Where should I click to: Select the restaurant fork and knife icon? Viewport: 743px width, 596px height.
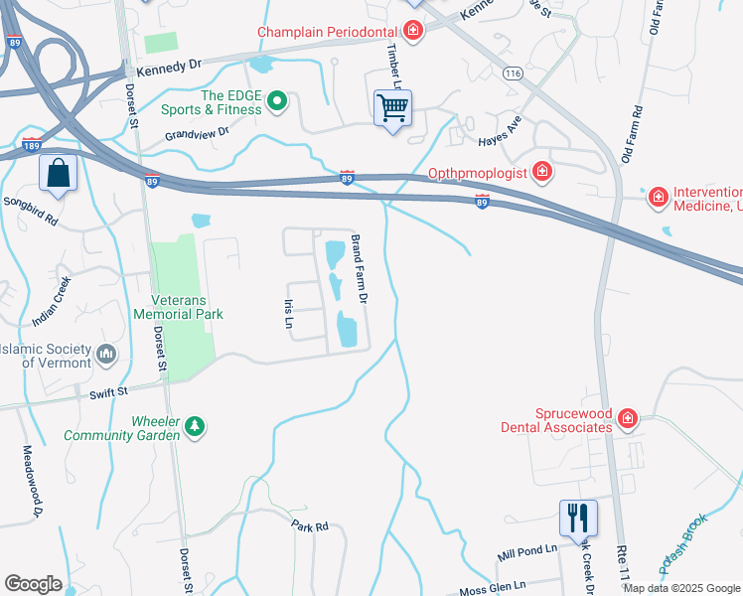coord(578,517)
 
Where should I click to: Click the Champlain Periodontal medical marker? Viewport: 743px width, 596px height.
coord(412,33)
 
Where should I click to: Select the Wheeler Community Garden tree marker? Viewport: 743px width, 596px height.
coord(196,427)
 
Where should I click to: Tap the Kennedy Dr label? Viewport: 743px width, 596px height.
coord(169,64)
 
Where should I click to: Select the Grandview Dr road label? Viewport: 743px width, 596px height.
coord(197,131)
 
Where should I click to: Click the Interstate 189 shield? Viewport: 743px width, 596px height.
coord(31,146)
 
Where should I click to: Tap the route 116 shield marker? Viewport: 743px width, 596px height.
coord(513,74)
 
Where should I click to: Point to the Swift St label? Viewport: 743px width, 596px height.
coord(109,393)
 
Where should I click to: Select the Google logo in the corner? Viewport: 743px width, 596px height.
coord(33,583)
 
